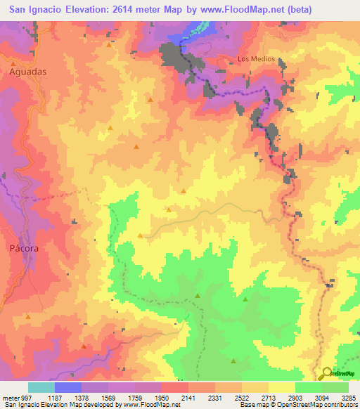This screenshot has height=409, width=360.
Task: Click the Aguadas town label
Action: click(x=28, y=72)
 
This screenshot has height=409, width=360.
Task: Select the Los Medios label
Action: click(x=255, y=59)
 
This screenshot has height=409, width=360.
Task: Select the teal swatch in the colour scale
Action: click(x=41, y=387)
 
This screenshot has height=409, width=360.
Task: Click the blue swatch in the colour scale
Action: click(x=67, y=387)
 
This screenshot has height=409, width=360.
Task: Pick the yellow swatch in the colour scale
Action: click(x=281, y=387)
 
